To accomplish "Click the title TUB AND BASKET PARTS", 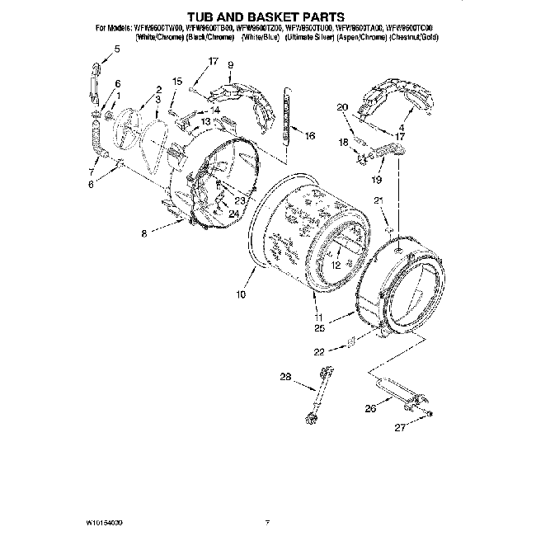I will [x=267, y=16].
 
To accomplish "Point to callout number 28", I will [x=286, y=378].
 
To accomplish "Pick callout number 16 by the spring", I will [x=310, y=137].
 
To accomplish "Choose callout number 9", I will [x=230, y=65].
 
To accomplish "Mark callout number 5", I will [x=116, y=49].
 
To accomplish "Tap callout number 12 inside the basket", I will [x=336, y=266].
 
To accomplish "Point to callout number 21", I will [x=378, y=200].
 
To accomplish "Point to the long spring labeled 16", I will [x=286, y=115].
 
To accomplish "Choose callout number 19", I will [x=378, y=179].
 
